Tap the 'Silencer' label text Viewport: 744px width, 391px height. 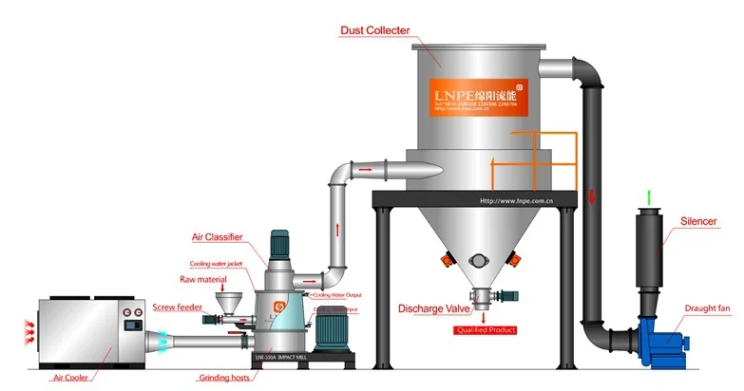click(698, 221)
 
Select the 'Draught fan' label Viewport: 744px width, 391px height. click(707, 307)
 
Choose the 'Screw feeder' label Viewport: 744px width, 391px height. click(176, 306)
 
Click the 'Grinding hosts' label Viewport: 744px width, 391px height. click(224, 377)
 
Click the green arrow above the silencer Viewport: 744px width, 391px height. click(649, 197)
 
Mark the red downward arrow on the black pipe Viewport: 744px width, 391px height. click(590, 196)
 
